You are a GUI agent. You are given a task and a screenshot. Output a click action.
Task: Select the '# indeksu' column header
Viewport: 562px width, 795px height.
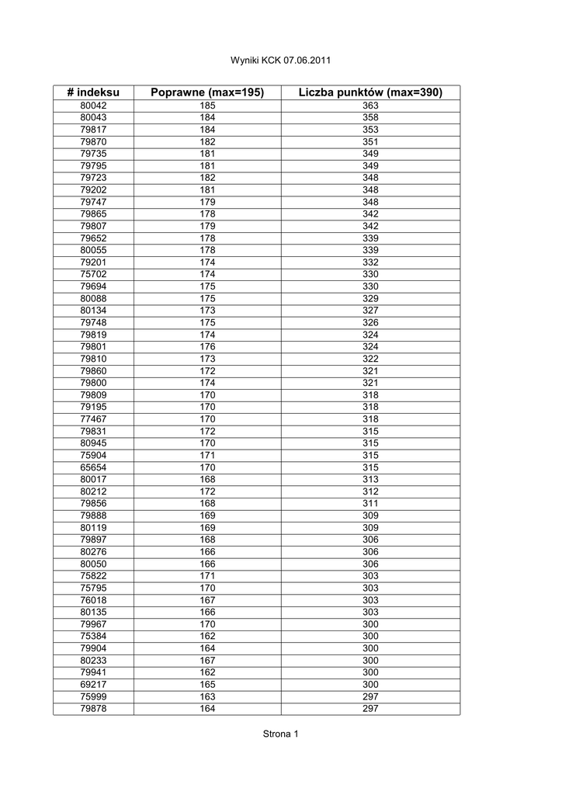[x=93, y=92]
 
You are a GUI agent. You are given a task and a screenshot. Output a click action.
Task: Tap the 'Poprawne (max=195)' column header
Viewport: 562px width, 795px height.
[x=207, y=92]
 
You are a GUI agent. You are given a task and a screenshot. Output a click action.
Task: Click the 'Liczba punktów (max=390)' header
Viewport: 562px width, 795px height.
[x=370, y=92]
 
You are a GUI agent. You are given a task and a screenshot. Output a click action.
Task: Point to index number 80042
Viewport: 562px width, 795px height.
[x=93, y=106]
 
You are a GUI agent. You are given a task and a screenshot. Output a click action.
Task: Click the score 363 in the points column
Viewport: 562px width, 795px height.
[x=370, y=106]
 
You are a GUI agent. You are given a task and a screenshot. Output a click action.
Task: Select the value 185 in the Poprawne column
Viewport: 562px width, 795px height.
[x=207, y=106]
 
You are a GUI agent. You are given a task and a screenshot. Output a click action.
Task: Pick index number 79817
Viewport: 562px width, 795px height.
[x=93, y=130]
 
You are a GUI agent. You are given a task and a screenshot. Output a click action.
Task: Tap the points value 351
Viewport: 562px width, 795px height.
[x=370, y=142]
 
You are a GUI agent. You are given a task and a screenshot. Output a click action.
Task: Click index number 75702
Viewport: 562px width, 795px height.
[x=93, y=274]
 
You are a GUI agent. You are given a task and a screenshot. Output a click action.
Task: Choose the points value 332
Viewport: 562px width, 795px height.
[x=370, y=262]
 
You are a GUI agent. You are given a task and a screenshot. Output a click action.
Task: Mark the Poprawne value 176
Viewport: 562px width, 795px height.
[x=207, y=346]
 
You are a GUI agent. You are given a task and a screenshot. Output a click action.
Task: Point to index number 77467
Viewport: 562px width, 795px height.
[x=93, y=418]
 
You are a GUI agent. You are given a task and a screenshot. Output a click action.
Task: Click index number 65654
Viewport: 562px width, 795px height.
[x=93, y=467]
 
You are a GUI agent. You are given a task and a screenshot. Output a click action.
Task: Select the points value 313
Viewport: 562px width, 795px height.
[x=370, y=479]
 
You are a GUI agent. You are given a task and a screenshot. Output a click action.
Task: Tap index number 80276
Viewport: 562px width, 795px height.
[x=93, y=551]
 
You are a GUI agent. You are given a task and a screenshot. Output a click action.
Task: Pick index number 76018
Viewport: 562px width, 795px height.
[x=93, y=600]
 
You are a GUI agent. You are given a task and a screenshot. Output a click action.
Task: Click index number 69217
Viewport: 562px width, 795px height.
[x=93, y=684]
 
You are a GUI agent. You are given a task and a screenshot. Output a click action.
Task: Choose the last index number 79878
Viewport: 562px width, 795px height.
[x=93, y=708]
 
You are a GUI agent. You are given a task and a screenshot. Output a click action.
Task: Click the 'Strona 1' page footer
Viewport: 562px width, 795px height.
[x=280, y=734]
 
